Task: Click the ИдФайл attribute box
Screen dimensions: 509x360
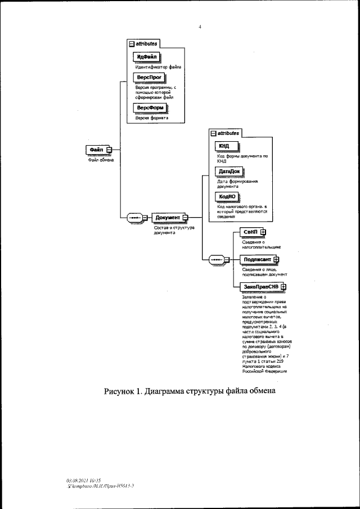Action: (x=146, y=56)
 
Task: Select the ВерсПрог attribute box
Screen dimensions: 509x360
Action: (x=147, y=77)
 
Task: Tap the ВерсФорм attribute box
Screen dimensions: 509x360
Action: (x=149, y=107)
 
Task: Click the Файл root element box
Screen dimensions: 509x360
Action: (x=96, y=149)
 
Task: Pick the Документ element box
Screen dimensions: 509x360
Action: (x=167, y=218)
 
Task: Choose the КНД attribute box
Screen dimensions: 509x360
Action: (x=226, y=147)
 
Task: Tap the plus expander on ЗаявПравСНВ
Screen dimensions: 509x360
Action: (x=283, y=286)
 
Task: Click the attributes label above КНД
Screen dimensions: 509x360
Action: (x=228, y=133)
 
